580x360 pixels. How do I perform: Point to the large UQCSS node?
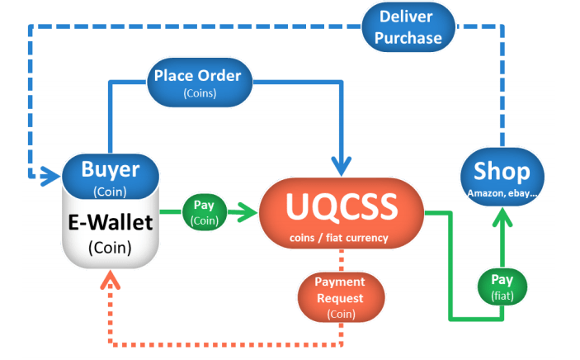coord(341,214)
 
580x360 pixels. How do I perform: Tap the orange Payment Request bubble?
coord(339,296)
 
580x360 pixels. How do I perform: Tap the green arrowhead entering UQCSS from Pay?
coord(247,212)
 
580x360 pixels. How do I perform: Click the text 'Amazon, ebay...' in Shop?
coord(502,192)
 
